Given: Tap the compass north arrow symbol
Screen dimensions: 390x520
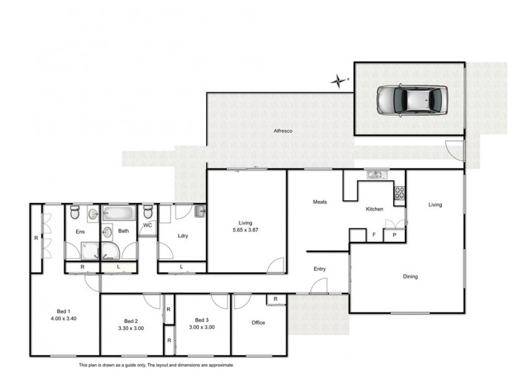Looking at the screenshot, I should pyautogui.click(x=339, y=81).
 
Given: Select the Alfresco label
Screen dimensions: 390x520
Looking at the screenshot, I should pyautogui.click(x=283, y=131).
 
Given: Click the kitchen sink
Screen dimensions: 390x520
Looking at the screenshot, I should pyautogui.click(x=376, y=174).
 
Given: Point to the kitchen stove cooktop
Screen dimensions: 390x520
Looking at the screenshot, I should pyautogui.click(x=400, y=193).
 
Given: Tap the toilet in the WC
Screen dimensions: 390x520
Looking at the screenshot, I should pyautogui.click(x=148, y=212).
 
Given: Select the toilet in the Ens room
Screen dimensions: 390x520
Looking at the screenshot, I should pyautogui.click(x=75, y=213).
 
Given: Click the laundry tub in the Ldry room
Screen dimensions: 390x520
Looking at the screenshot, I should pyautogui.click(x=200, y=211).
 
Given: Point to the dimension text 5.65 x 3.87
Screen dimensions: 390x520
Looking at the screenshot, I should pyautogui.click(x=246, y=230).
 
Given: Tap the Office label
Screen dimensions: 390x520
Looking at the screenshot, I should pyautogui.click(x=258, y=322).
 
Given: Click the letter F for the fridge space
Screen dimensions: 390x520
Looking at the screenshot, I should pyautogui.click(x=373, y=235).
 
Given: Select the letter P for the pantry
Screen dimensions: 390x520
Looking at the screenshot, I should pyautogui.click(x=393, y=235).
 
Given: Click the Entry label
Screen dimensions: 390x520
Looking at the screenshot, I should pyautogui.click(x=320, y=268).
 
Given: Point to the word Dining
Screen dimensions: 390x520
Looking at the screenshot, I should pyautogui.click(x=410, y=276).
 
